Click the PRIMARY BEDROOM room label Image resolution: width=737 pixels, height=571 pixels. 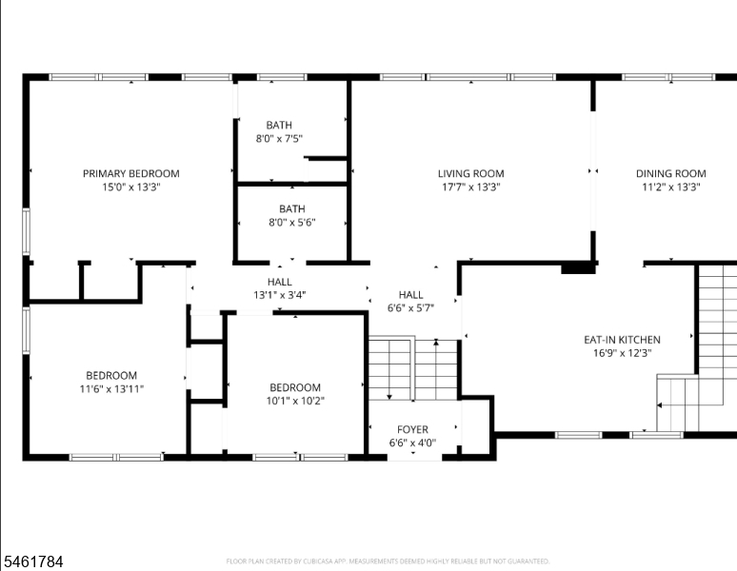[x=131, y=174]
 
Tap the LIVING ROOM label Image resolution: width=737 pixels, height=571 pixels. [x=471, y=174]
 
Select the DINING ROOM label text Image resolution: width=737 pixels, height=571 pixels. [x=670, y=174]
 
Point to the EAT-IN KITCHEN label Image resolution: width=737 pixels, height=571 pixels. [x=622, y=340]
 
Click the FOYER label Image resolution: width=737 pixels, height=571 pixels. [x=412, y=429]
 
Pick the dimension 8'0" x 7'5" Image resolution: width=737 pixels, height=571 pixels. [x=279, y=139]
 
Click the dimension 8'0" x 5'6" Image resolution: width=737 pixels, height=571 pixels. [x=292, y=222]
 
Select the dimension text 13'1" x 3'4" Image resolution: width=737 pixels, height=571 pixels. [x=280, y=295]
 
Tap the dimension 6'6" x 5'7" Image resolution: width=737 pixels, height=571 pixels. [x=410, y=308]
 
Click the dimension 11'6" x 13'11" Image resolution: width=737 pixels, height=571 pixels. [x=111, y=389]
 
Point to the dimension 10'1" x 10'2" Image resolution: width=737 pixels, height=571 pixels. [x=295, y=401]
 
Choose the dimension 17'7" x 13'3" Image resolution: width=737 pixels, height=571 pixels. [x=471, y=187]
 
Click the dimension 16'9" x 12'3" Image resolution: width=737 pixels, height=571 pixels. [x=623, y=353]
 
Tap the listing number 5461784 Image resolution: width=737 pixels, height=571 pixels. [x=33, y=561]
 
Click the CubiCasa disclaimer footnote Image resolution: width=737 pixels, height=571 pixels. [x=388, y=561]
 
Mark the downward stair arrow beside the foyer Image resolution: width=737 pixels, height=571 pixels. [x=389, y=368]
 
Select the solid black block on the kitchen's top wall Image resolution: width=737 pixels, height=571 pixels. [x=579, y=267]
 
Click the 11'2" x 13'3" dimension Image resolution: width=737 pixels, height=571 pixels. [x=671, y=187]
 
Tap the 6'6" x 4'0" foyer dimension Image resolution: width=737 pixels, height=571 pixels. [x=412, y=443]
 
